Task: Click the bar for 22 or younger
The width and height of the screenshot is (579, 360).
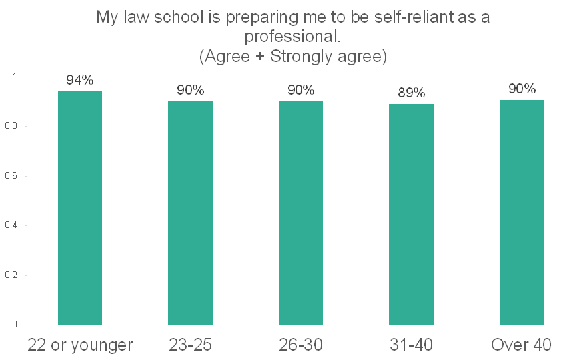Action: point(80,208)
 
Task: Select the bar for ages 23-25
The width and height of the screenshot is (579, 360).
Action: point(190,213)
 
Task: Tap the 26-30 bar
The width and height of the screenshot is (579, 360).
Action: point(301,213)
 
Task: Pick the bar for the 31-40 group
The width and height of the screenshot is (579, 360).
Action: point(411,215)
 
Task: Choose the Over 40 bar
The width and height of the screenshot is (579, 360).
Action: point(522,213)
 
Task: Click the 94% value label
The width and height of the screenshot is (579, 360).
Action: point(80,81)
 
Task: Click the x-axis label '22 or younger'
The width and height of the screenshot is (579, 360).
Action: point(80,345)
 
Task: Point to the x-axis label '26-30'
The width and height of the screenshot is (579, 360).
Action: point(301,345)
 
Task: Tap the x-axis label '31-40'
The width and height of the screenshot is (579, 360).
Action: point(412,345)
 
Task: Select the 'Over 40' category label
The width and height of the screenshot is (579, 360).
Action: point(522,345)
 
